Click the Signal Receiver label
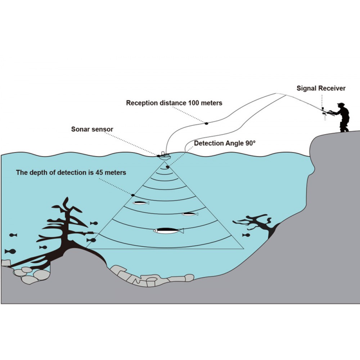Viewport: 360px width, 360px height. click(321, 88)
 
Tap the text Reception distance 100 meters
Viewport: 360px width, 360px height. click(174, 103)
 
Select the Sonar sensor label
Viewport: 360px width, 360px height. click(92, 129)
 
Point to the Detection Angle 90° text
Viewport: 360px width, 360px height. click(225, 143)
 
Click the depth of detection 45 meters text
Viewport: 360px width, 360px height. click(71, 172)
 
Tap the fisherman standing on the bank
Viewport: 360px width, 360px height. click(342, 117)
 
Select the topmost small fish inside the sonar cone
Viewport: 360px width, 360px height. click(141, 203)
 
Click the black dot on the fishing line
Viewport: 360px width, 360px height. click(207, 123)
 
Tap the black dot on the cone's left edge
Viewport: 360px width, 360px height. click(133, 195)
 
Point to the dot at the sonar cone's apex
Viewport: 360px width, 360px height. click(167, 167)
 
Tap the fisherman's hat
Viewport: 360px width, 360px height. click(341, 104)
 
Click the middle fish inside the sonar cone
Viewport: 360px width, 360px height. click(190, 214)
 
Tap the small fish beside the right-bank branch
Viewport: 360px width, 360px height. click(246, 235)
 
